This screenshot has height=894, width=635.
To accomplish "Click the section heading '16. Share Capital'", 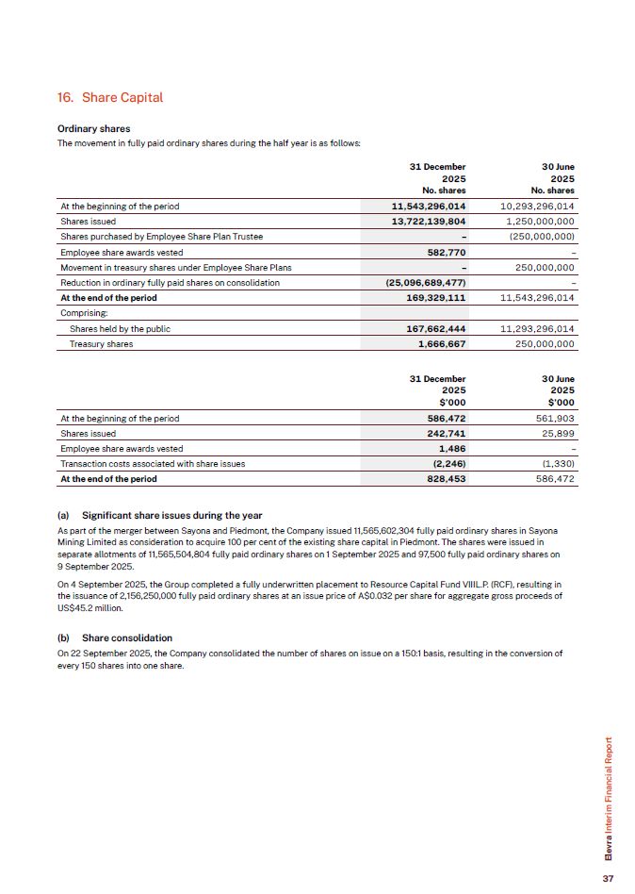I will [109, 97].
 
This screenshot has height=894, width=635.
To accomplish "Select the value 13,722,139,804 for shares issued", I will [428, 221].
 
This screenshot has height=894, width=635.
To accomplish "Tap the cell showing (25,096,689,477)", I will [426, 282].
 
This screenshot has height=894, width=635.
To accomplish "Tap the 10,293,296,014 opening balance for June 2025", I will [535, 206].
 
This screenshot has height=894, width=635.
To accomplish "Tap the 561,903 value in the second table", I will [554, 418].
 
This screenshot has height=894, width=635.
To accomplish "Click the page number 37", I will [608, 877].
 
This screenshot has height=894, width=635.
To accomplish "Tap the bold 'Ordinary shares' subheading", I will [93, 128].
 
